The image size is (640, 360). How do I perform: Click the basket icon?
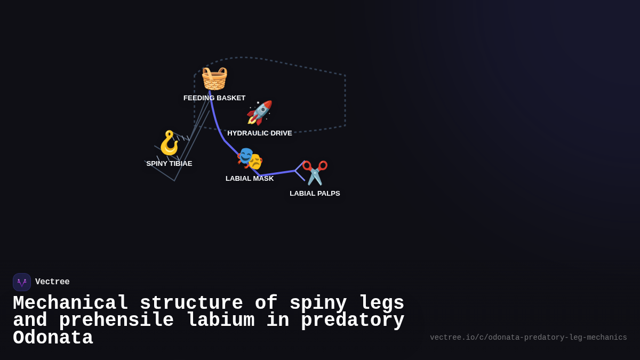tap(214, 78)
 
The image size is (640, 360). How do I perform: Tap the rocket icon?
tap(259, 113)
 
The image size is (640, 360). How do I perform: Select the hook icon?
tap(170, 142)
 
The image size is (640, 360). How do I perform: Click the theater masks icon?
tap(250, 158)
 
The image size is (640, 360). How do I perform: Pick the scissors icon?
tap(315, 173)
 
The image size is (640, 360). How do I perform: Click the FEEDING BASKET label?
tap(214, 98)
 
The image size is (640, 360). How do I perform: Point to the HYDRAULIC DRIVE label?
tap(260, 133)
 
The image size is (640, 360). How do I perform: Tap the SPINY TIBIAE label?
tap(169, 164)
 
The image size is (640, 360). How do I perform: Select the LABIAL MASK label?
tap(250, 179)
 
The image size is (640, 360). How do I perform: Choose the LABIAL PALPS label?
tap(315, 194)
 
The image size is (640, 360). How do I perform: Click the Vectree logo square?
tap(22, 282)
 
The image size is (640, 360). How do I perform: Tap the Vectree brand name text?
tap(52, 282)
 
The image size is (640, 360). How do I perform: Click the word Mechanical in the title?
tap(70, 303)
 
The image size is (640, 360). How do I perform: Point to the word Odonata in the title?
tap(53, 338)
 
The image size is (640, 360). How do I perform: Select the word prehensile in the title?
tap(116, 321)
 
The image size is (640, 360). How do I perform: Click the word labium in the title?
tap(220, 321)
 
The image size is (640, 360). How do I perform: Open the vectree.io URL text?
tap(528, 338)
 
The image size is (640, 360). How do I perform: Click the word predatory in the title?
tap(353, 321)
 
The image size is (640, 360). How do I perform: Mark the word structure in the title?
tap(191, 303)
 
